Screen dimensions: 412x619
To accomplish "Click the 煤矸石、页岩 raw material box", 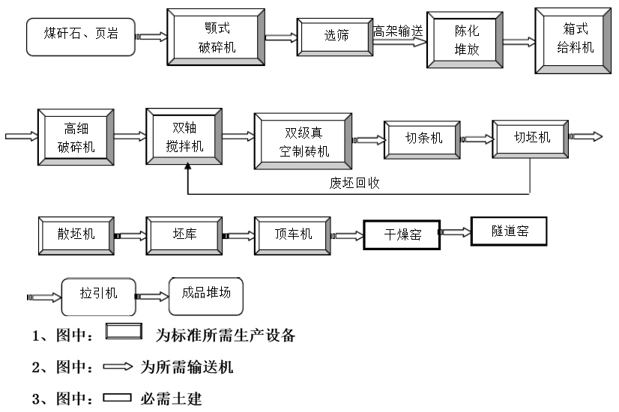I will (x=82, y=35).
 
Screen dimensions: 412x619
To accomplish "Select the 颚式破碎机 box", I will (x=215, y=35).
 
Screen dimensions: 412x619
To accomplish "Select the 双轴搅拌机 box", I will (x=184, y=136).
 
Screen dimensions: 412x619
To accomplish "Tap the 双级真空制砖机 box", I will (x=303, y=142).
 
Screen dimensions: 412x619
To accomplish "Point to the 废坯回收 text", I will (x=354, y=182).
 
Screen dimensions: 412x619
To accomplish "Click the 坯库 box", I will (x=184, y=234).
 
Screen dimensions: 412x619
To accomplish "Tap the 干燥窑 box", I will (x=402, y=236).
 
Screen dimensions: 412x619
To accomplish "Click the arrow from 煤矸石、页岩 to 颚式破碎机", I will (x=152, y=35).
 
